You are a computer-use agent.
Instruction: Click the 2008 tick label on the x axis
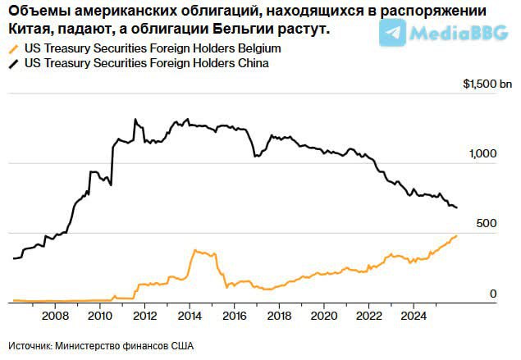pos(54,316)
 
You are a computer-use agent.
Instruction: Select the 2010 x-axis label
pos(99,316)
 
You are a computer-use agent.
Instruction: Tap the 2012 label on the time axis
pos(144,316)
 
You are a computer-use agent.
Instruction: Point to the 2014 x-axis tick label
pos(190,316)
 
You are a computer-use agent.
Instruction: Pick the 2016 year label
pos(235,316)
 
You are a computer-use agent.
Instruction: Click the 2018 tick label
pos(280,316)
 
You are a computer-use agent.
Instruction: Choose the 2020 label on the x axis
pos(325,316)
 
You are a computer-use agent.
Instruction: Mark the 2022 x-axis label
pos(369,316)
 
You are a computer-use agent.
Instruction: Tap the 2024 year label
pos(414,316)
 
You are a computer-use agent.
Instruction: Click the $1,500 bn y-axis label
pos(487,84)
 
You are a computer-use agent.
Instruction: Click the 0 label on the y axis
pos(493,294)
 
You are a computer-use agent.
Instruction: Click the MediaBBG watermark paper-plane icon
pos(392,33)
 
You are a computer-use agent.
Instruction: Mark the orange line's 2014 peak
pos(194,250)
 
